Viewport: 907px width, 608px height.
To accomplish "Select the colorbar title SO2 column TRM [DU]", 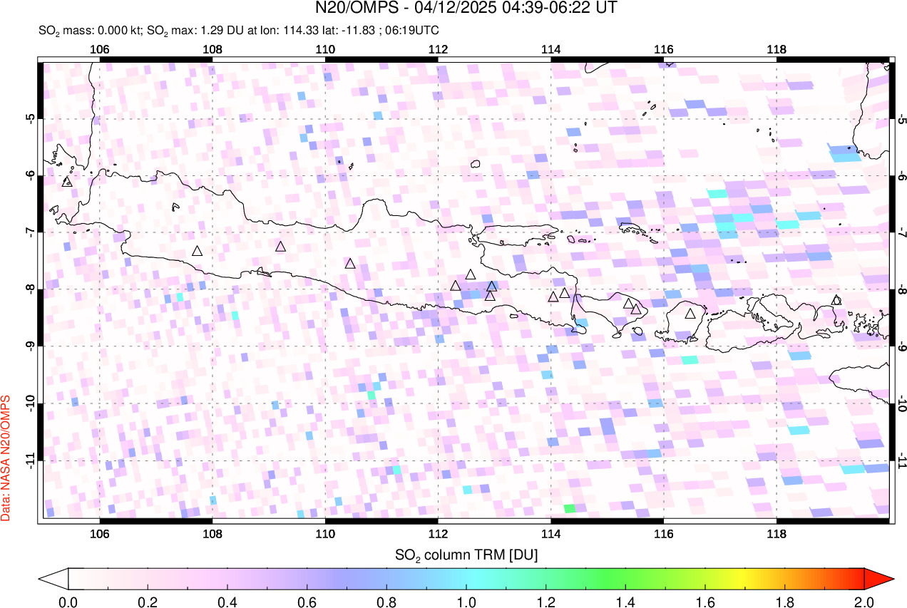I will [466, 554].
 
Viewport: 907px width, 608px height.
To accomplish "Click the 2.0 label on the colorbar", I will [864, 601].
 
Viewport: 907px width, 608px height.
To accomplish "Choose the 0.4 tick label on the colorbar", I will [227, 601].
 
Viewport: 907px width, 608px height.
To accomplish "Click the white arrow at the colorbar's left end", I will [54, 578].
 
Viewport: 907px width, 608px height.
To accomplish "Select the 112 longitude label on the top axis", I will [438, 49].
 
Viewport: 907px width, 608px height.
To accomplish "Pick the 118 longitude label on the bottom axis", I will [777, 534].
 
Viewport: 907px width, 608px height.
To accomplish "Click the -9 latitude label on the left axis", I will [30, 346].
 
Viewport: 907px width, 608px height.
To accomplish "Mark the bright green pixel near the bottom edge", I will [569, 508].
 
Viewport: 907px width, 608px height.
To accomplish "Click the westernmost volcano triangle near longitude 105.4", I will [68, 182].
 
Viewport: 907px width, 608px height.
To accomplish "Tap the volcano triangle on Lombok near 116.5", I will [690, 314].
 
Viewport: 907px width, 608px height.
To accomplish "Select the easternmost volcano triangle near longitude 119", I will [836, 300].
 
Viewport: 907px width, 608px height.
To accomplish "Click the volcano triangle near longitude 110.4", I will [350, 264].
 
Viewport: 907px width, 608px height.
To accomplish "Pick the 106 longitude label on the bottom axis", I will [100, 534].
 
